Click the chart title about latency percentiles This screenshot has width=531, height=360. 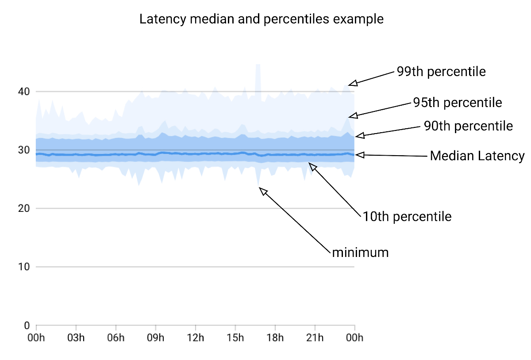coord(261,20)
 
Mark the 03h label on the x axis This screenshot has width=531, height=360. coord(76,338)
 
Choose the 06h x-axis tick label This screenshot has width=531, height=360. coord(115,338)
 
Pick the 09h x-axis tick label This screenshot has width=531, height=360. coord(155,338)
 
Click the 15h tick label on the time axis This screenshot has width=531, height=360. coord(235,338)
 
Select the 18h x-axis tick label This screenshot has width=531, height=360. coord(275,338)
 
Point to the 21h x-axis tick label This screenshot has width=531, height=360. coord(315,338)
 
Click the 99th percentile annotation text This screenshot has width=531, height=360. coord(441,72)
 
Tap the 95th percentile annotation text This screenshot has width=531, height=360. coord(458,103)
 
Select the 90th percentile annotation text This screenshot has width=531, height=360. coord(468,126)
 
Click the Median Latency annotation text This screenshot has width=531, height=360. coord(477,156)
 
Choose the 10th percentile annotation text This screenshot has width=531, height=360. coord(407,217)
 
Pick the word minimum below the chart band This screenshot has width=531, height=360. coord(360,253)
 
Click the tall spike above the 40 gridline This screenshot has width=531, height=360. coord(258,77)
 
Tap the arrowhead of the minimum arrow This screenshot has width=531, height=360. coord(263,191)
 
